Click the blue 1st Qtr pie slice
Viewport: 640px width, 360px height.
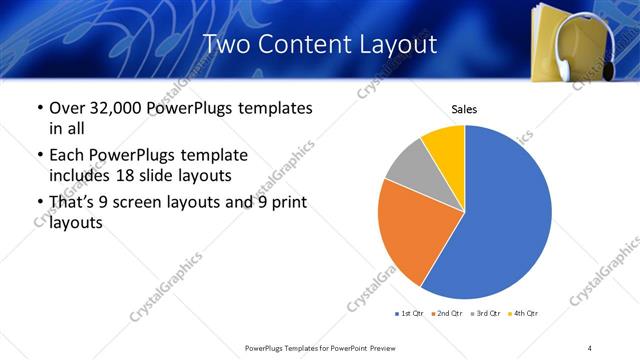coord(505,215)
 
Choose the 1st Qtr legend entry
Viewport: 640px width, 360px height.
coord(411,314)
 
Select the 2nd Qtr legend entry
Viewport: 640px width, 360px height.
coord(447,314)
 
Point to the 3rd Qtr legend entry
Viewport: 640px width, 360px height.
coord(485,314)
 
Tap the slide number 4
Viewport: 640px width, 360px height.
coord(590,347)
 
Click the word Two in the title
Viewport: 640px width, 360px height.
coord(227,45)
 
